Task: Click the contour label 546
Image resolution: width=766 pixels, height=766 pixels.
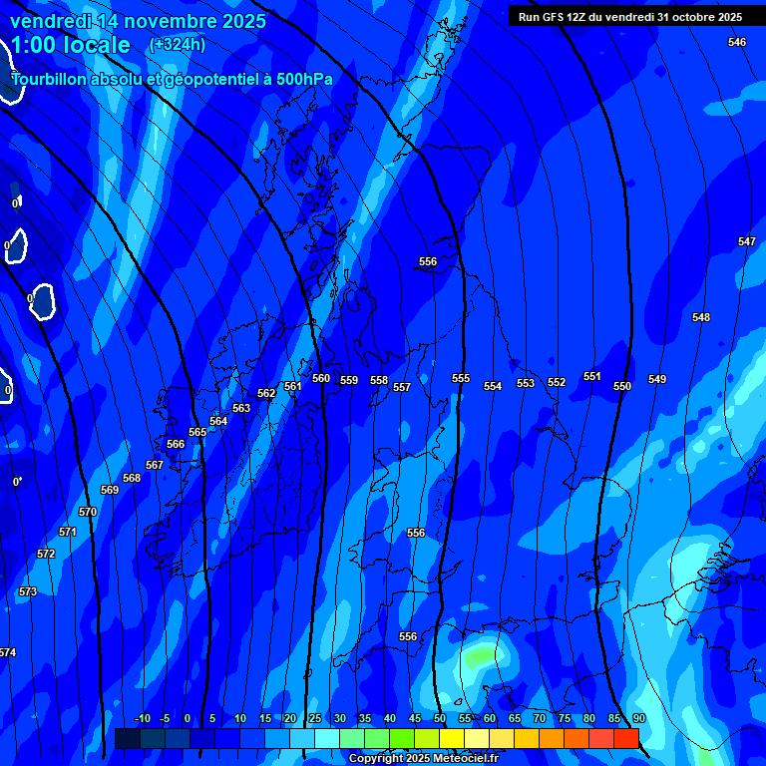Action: point(737,42)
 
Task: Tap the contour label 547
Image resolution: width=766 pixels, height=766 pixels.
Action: point(747,242)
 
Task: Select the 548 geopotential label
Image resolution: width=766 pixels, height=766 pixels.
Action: point(701,317)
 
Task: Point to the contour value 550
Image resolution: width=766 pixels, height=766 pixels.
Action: point(622,386)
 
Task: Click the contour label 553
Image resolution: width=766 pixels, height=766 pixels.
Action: point(526,384)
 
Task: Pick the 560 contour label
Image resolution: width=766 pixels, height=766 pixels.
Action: point(321,378)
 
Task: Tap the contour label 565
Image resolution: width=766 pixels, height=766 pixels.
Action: point(197,432)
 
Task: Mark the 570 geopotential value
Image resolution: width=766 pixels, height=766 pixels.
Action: point(88,512)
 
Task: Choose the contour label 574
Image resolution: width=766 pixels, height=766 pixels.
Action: point(8,652)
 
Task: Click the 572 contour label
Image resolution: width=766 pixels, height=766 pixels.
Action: point(46,554)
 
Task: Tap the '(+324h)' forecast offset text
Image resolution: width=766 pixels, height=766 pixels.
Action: point(177,44)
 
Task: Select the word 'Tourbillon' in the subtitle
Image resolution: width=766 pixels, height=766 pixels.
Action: point(56,79)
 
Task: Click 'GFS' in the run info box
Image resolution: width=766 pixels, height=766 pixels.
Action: point(557,17)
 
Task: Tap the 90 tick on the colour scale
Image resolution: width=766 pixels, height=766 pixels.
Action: point(638,719)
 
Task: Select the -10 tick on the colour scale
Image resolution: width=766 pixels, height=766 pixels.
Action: point(142,719)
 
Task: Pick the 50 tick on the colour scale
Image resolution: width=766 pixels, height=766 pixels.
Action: point(440,719)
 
